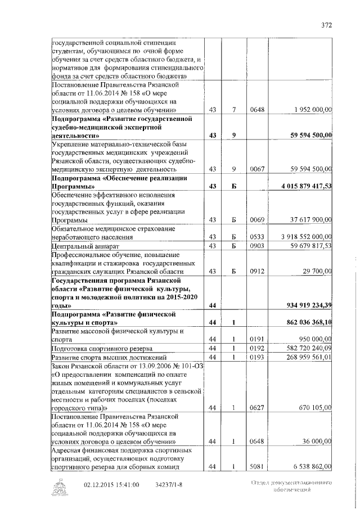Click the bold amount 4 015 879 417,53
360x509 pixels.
click(303, 185)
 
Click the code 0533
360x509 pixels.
click(256, 237)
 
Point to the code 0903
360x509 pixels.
click(256, 246)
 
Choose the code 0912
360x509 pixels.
click(256, 271)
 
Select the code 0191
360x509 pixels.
click(256, 340)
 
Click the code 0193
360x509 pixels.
click(256, 357)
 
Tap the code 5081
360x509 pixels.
click(256, 466)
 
